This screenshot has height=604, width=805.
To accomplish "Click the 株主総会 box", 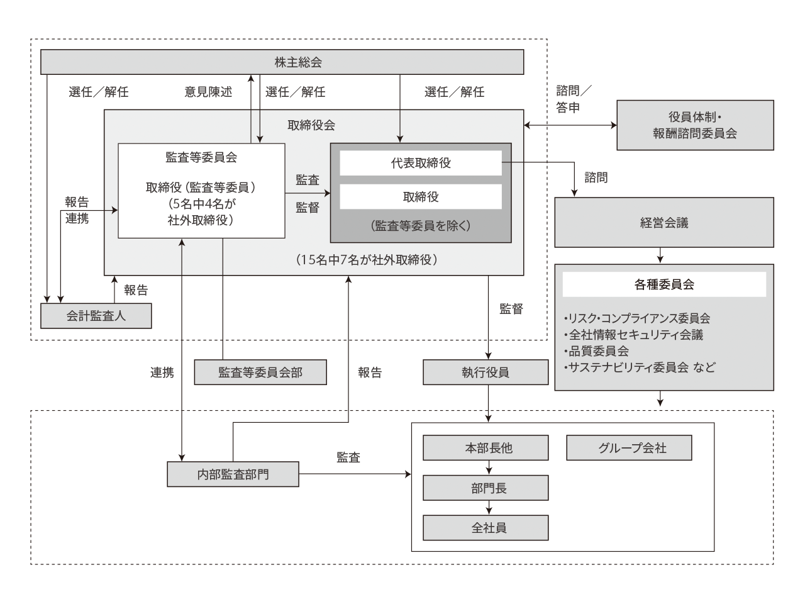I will tap(282, 62).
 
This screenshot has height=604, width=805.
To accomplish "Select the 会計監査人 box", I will tap(96, 316).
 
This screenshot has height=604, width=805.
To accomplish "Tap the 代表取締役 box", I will tap(421, 163).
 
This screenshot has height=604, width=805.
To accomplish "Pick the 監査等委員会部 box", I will tap(260, 372).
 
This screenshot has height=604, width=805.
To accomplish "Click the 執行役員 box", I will tap(486, 372).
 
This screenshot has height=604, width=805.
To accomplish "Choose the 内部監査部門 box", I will tap(233, 474).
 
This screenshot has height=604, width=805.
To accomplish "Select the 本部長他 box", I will tap(486, 448).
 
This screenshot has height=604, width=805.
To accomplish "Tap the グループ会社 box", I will tap(629, 448).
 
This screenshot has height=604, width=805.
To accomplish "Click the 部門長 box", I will tap(486, 488).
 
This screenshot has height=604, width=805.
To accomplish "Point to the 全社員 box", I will tap(486, 528).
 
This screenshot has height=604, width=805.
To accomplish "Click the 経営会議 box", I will tap(664, 223).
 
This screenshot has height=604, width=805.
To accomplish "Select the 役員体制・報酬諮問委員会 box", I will tap(695, 125).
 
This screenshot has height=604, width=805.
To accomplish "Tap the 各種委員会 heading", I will tap(664, 284).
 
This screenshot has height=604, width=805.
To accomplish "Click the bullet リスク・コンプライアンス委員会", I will tap(638, 318).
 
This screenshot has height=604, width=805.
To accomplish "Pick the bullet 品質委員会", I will tap(597, 351).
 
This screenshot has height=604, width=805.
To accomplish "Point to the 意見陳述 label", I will tap(208, 92).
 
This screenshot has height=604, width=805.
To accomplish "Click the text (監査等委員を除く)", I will tap(421, 226).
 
